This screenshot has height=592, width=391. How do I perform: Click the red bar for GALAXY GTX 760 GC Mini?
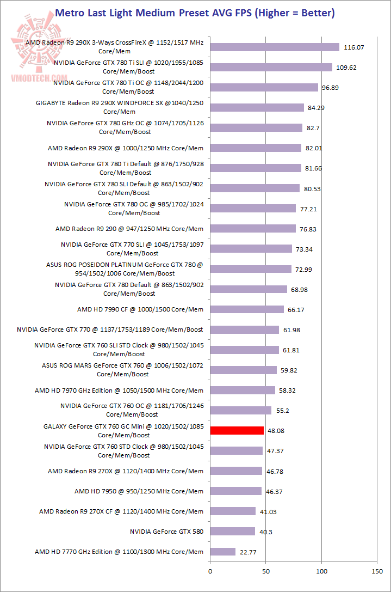pos(237,431)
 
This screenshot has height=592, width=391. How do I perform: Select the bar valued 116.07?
pos(275,47)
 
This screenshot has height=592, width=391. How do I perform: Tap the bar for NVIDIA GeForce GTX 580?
pos(232,532)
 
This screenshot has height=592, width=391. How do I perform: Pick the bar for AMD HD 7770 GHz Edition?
pos(222,552)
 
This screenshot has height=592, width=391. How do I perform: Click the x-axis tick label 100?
pos(321,571)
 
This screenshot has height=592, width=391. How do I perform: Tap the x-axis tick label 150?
pos(377,571)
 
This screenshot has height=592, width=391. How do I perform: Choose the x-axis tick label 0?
pos(210,571)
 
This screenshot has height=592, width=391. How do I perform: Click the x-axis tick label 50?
pos(265,571)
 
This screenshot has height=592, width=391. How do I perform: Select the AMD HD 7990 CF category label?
pos(140,309)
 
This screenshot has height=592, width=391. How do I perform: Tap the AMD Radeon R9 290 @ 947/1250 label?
pos(129,229)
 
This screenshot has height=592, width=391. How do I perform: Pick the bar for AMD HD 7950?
pos(235,491)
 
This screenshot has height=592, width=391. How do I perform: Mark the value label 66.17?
pos(297,310)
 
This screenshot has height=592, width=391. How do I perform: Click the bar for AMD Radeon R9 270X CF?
pos(233,511)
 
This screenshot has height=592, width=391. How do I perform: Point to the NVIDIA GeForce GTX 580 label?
pos(166,532)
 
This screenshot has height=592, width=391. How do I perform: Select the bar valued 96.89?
pos(264,88)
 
